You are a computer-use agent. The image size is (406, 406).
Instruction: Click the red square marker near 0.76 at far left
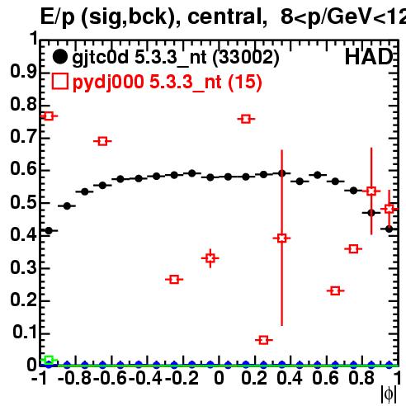(49, 116)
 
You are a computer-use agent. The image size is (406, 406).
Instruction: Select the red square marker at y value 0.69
(102, 141)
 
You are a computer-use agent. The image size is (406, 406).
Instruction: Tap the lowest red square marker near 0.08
(263, 340)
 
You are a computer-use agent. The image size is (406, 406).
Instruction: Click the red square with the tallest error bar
(281, 238)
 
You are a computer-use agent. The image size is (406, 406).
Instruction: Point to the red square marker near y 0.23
(335, 290)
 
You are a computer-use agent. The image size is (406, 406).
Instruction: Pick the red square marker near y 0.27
(174, 280)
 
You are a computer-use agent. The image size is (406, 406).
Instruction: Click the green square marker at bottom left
(49, 360)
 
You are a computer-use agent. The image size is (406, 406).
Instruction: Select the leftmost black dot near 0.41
(49, 231)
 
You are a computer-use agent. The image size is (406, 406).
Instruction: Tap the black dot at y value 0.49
(67, 205)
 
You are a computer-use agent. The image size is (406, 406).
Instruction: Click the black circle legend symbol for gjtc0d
(59, 57)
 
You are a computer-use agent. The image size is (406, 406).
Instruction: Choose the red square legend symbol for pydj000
(60, 81)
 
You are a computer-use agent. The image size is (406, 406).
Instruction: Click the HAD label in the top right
(369, 57)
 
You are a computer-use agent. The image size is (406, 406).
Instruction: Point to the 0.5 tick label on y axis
(23, 203)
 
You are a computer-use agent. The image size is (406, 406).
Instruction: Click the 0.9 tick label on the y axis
(23, 72)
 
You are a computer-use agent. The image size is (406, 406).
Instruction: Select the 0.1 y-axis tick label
(25, 332)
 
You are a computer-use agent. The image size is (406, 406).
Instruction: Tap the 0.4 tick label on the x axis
(290, 378)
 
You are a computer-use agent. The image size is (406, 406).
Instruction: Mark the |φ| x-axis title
(389, 394)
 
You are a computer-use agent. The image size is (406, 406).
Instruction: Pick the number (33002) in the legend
(246, 58)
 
